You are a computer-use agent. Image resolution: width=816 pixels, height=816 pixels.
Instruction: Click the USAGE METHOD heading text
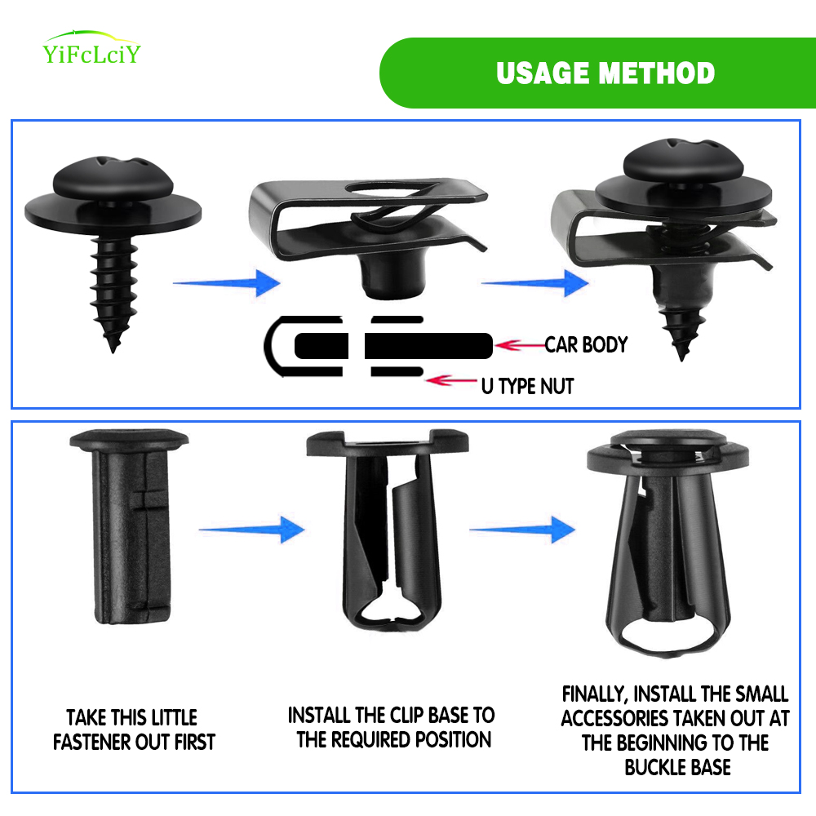coord(605,73)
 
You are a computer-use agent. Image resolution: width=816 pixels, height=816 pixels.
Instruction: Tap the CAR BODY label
coord(586,344)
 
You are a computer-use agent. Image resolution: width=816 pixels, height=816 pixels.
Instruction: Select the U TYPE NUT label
coord(527,386)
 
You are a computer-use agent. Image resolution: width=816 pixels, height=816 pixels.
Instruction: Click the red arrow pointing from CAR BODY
coord(520,345)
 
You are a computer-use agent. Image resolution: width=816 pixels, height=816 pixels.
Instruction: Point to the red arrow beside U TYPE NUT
coord(451,380)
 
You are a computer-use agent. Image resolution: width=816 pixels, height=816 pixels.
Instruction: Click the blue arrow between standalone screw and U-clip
coord(227,283)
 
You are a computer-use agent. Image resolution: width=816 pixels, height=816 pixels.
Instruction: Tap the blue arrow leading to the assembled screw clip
coord(535,283)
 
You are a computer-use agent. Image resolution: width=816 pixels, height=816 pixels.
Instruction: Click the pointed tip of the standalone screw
coord(113,351)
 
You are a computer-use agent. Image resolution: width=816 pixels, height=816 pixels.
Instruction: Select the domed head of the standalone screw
coord(113,177)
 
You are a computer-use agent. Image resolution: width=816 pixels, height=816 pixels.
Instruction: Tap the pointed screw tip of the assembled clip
coord(681,357)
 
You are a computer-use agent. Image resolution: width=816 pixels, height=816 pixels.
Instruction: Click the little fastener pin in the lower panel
coord(130,526)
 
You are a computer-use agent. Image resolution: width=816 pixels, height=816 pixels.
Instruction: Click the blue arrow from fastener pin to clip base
coord(252,530)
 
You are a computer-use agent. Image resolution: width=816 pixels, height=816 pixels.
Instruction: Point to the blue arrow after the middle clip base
coord(522,530)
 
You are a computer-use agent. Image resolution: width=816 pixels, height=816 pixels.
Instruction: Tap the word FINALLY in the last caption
coord(595,694)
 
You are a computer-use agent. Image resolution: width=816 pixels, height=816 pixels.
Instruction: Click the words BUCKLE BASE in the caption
coord(677,767)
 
